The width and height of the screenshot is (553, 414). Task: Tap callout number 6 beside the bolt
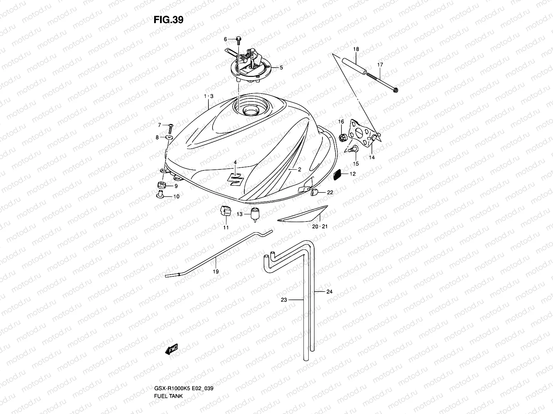click(x=225, y=39)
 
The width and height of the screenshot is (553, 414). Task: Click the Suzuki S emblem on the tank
click(x=236, y=178)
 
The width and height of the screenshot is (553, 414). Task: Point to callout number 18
click(x=356, y=49)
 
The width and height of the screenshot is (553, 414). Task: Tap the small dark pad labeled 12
click(x=337, y=175)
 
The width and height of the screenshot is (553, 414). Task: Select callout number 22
click(x=330, y=192)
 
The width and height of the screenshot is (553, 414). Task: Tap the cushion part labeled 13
click(x=255, y=215)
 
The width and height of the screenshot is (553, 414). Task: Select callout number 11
click(x=226, y=227)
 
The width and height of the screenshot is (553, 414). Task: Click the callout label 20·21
click(x=320, y=227)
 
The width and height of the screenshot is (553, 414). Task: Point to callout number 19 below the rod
click(x=216, y=272)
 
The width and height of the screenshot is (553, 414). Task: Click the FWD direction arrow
click(x=171, y=351)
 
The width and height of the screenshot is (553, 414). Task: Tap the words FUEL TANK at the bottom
click(x=169, y=377)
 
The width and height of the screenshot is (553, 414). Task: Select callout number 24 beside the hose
click(x=329, y=292)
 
